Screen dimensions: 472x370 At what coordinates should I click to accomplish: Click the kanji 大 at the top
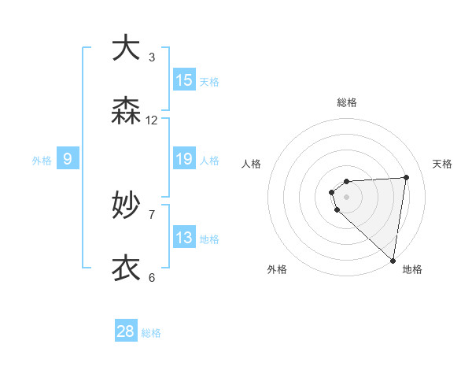coord(126,48)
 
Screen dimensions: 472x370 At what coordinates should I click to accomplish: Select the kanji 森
coord(126,111)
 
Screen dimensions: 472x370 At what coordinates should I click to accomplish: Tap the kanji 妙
coord(126,205)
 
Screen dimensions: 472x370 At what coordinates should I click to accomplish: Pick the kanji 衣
coord(126,268)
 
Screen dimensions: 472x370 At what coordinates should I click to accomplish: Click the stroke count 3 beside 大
coord(152,57)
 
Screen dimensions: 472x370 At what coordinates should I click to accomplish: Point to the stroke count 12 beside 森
coord(152,120)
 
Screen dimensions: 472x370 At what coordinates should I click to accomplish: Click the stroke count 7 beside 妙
coord(152,214)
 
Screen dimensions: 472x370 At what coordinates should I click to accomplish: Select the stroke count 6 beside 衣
coord(152,277)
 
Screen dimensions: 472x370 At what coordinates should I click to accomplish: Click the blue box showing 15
coord(184,80)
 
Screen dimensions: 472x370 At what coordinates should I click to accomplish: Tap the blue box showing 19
coord(184,159)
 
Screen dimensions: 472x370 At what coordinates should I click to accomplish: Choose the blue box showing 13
coord(184,238)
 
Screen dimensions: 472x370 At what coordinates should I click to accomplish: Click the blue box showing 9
coord(68,159)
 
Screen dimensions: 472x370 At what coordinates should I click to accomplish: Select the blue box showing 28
coord(126,331)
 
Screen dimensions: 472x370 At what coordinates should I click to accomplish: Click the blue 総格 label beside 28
coord(151,333)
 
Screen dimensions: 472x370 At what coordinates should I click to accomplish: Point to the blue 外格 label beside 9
coord(42,161)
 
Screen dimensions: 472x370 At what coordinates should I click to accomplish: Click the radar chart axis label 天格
coord(442,164)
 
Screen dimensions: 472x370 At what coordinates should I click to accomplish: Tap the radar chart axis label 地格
coord(412,269)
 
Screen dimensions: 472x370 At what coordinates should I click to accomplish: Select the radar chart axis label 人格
coord(252,164)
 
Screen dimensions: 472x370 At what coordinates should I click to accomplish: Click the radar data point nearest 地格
coord(393,260)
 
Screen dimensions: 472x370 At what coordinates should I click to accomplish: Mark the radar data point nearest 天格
coord(406,177)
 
